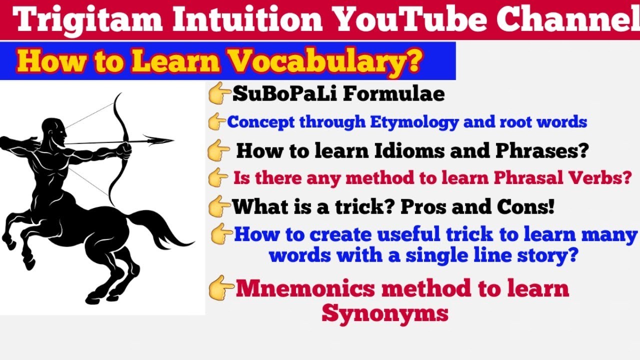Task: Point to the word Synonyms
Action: click(384, 313)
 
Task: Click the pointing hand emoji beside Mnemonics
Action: click(221, 288)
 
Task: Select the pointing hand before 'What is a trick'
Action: click(219, 206)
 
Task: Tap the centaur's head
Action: click(54, 130)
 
